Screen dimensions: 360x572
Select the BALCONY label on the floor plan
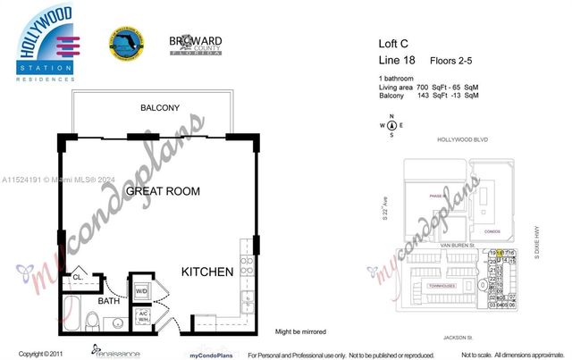pyautogui.click(x=159, y=108)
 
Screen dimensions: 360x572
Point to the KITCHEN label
pyautogui.click(x=207, y=272)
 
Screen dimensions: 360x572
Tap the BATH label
pyautogui.click(x=108, y=301)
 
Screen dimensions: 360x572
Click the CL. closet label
pyautogui.click(x=77, y=277)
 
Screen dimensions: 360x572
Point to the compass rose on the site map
pyautogui.click(x=391, y=125)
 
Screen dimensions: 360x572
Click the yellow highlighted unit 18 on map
pyautogui.click(x=500, y=253)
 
